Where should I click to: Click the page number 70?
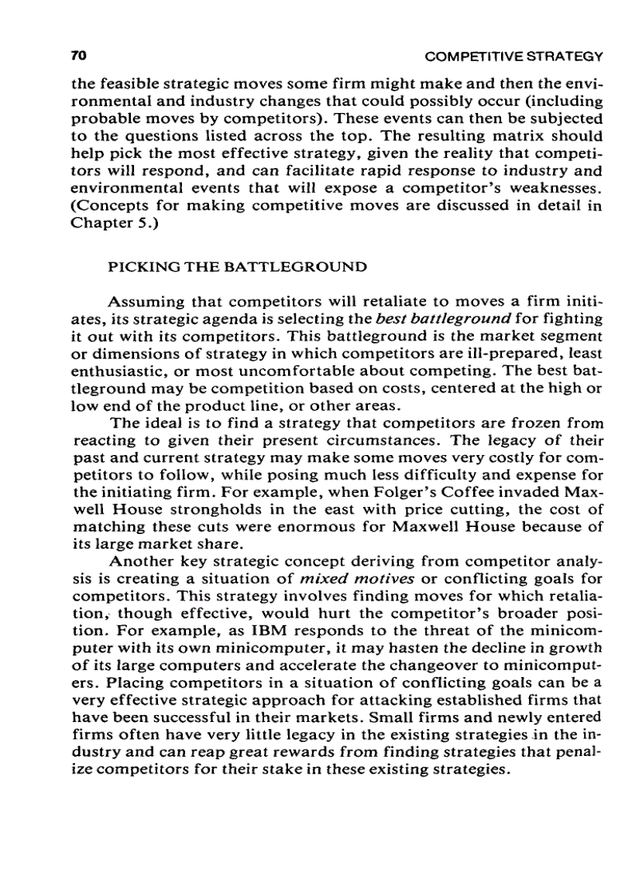tap(77, 56)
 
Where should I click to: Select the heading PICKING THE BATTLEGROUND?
tap(236, 268)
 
